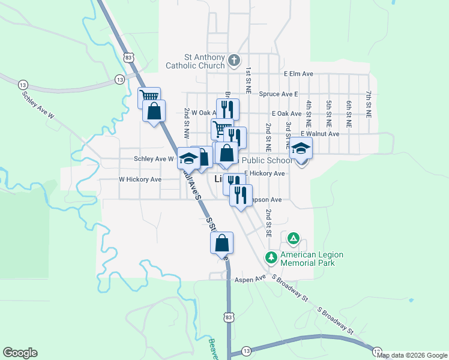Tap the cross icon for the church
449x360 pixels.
[234, 60]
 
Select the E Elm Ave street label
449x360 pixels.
[299, 74]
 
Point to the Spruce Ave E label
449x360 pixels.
[279, 94]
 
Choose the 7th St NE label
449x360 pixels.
[368, 105]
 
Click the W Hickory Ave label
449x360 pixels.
[140, 179]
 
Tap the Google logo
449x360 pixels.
[20, 353]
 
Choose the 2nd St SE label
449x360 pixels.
[270, 223]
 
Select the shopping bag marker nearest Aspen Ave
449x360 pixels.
[221, 243]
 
